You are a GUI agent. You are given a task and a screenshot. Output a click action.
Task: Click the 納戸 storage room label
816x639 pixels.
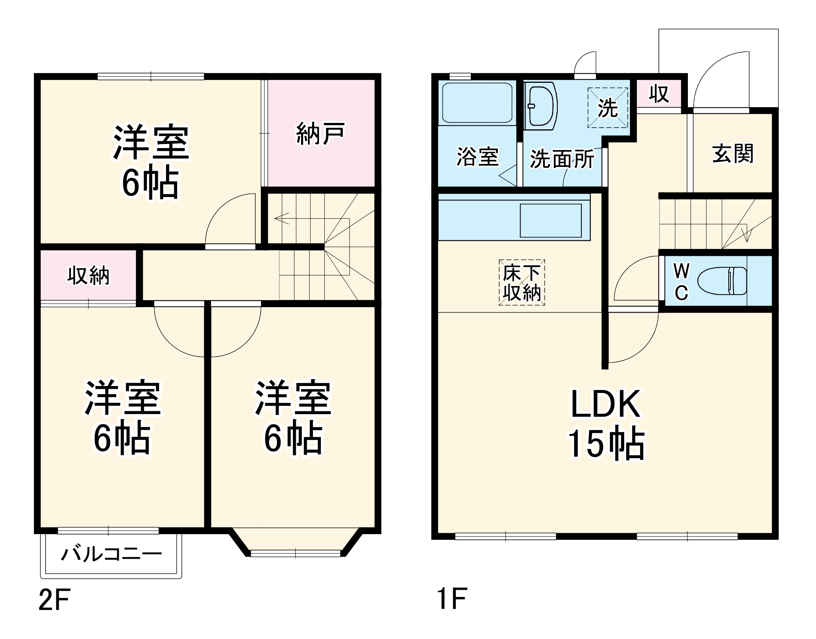pyautogui.click(x=320, y=133)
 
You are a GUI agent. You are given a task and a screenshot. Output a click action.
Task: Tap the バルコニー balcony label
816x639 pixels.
pyautogui.click(x=111, y=554)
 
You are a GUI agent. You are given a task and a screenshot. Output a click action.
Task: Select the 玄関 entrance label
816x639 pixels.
pyautogui.click(x=732, y=154)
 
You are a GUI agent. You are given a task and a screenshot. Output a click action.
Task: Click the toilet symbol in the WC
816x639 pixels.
pyautogui.click(x=722, y=281)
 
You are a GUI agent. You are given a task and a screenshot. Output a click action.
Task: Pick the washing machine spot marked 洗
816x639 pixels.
pyautogui.click(x=608, y=108)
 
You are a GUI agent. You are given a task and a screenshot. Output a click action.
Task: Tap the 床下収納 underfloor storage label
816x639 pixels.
pyautogui.click(x=522, y=283)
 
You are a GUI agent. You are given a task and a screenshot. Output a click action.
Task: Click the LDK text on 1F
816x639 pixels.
pyautogui.click(x=605, y=404)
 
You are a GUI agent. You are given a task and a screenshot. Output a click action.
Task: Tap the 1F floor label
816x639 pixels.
pyautogui.click(x=452, y=599)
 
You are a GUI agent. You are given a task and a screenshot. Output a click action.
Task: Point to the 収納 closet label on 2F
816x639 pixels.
pyautogui.click(x=89, y=275)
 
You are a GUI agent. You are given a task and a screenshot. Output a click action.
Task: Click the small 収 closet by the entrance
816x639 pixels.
pyautogui.click(x=659, y=94)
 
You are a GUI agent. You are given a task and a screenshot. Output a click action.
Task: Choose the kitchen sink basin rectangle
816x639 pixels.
pyautogui.click(x=550, y=220)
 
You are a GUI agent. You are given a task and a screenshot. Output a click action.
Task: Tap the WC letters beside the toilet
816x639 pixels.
pyautogui.click(x=681, y=282)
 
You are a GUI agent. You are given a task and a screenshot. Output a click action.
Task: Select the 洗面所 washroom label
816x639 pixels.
pyautogui.click(x=562, y=159)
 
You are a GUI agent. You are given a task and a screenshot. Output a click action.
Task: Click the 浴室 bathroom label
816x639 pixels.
pyautogui.click(x=477, y=156)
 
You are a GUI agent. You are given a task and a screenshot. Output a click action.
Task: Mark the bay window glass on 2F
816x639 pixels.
pyautogui.click(x=295, y=553)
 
